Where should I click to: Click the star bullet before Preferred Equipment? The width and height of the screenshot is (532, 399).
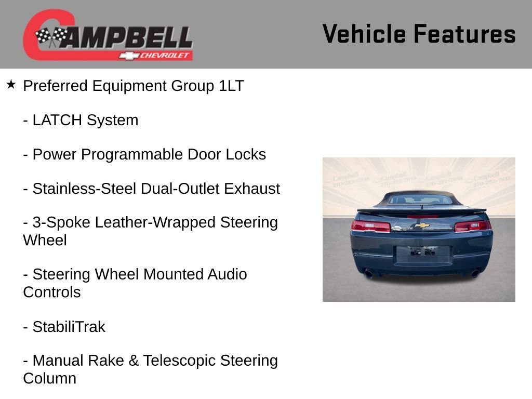[11, 84]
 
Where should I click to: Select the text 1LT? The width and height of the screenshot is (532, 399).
[231, 86]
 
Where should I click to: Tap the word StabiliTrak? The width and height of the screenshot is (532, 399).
[69, 327]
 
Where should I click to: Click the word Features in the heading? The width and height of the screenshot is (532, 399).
[464, 34]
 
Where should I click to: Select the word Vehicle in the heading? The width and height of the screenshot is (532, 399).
[364, 34]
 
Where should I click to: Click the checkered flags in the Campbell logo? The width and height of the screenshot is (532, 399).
[51, 36]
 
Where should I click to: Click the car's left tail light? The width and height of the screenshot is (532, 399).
[370, 226]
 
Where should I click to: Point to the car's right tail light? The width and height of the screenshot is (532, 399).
[472, 226]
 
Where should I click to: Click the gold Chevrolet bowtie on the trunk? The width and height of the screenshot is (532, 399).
[422, 225]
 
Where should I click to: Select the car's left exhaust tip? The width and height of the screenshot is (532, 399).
[369, 273]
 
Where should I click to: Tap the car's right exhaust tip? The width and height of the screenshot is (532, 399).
[474, 273]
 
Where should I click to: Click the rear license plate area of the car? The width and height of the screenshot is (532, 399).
[422, 254]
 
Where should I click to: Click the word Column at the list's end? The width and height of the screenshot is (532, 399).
[49, 378]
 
